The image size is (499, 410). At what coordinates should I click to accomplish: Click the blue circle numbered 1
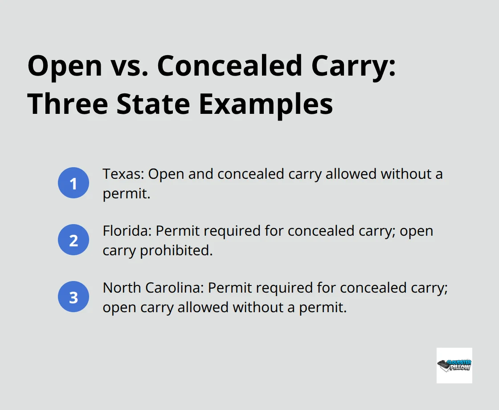tap(74, 183)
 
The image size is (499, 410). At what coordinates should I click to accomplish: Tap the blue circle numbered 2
tap(74, 240)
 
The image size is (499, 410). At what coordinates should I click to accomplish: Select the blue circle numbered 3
tap(74, 297)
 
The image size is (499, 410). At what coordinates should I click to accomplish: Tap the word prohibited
tap(177, 250)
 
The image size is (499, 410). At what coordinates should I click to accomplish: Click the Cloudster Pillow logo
tap(454, 365)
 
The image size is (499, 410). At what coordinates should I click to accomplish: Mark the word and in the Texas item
tap(200, 174)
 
